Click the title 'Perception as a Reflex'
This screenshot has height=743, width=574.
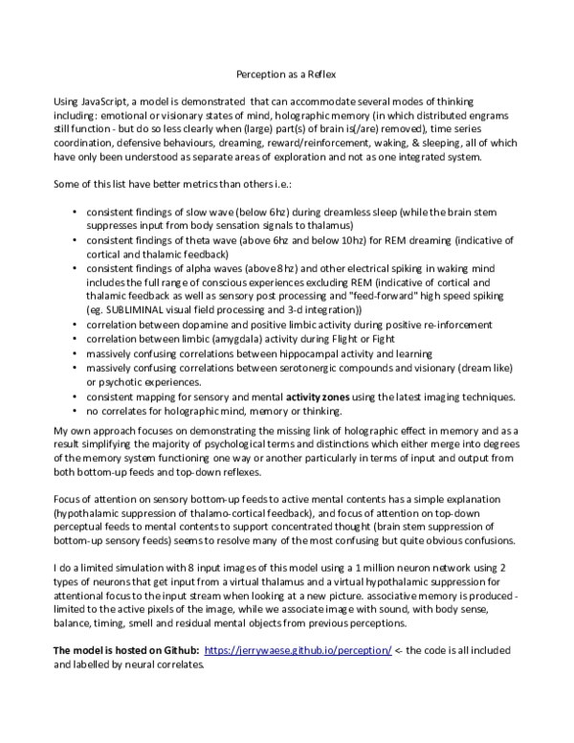click(x=286, y=73)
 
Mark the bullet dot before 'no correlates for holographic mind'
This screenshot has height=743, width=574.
click(x=75, y=411)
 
